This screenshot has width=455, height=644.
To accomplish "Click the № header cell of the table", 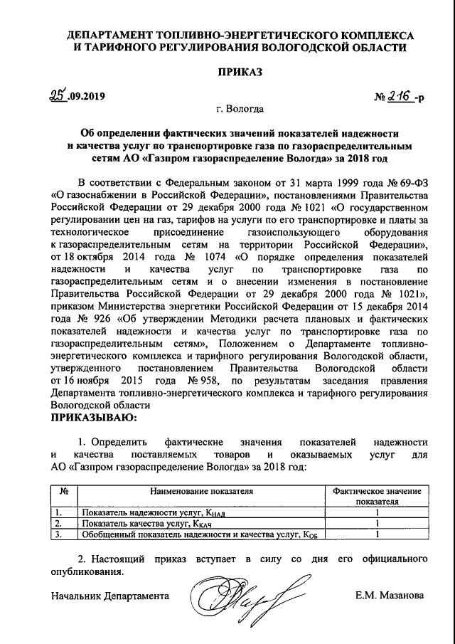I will pos(64,492).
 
